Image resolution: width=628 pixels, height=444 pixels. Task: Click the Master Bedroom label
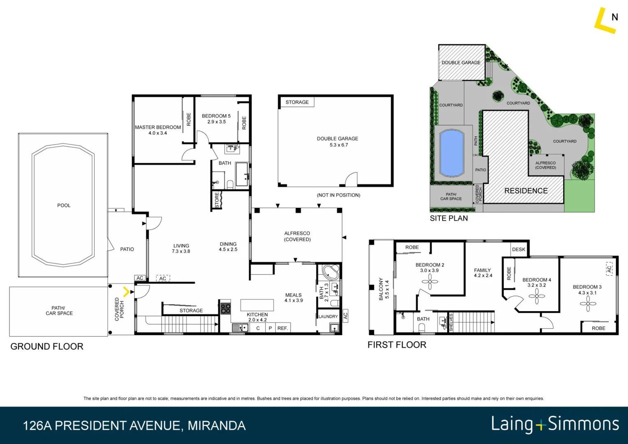click(158, 127)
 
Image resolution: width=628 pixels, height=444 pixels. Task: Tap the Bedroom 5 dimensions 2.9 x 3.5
click(217, 122)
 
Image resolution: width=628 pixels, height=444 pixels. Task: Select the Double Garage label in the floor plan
click(337, 139)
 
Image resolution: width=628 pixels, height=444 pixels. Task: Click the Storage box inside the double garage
click(297, 102)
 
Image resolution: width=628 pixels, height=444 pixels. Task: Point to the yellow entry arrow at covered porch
click(126, 292)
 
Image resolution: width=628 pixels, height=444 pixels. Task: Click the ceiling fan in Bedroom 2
click(429, 282)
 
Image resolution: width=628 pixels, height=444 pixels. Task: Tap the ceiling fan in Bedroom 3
click(588, 304)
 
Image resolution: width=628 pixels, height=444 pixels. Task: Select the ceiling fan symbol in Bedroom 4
click(536, 296)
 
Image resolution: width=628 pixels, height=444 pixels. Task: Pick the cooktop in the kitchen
click(226, 308)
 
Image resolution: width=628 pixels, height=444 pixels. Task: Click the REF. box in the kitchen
click(282, 328)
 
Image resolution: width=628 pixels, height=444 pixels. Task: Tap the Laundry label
click(328, 317)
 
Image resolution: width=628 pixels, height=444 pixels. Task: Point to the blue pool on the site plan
click(452, 153)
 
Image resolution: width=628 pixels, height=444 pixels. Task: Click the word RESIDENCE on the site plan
click(526, 191)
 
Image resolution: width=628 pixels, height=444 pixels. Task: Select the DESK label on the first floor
click(519, 249)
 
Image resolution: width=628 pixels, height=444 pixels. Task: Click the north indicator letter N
click(615, 17)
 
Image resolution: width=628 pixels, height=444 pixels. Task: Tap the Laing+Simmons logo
click(555, 424)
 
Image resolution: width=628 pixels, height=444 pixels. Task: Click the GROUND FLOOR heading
click(47, 347)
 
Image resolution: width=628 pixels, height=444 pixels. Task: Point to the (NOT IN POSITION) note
click(338, 195)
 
